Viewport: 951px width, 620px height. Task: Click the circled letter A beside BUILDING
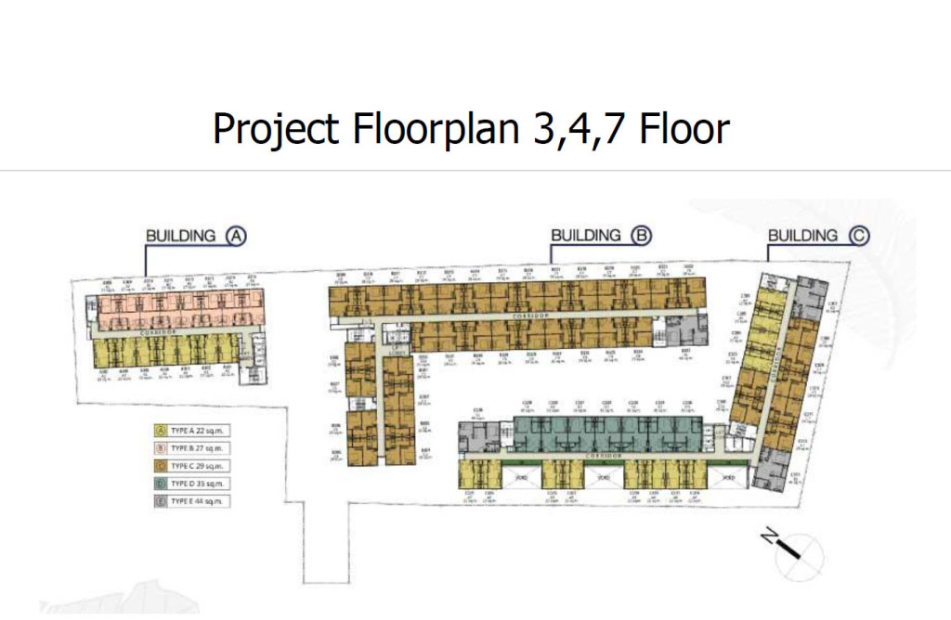point(236,236)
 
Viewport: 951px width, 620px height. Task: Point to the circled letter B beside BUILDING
point(641,236)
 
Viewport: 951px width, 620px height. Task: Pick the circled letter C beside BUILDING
point(858,236)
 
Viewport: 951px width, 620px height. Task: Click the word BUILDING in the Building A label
point(181,236)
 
